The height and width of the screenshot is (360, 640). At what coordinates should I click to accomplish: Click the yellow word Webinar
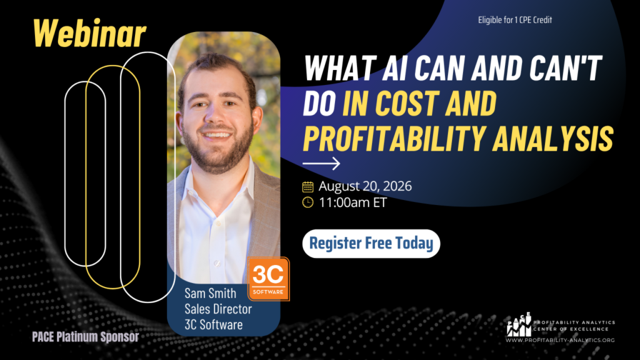(89, 34)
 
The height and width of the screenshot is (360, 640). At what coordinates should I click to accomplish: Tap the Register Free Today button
(371, 244)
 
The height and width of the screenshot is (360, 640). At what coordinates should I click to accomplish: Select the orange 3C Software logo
(268, 279)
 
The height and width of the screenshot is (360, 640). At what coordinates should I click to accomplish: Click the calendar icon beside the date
(307, 186)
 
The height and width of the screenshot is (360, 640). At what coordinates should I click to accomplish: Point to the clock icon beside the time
(307, 202)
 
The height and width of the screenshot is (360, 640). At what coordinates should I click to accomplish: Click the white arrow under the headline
(321, 164)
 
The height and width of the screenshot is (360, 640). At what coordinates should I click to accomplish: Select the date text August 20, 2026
(365, 186)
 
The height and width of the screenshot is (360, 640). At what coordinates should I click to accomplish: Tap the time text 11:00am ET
(352, 202)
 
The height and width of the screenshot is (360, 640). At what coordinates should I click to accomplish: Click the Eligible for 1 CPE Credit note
(515, 19)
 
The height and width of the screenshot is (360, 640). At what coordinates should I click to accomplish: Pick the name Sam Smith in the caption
(210, 293)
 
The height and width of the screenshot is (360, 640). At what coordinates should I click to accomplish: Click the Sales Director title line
(218, 309)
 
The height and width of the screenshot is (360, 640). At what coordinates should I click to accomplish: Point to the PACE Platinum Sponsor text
(86, 337)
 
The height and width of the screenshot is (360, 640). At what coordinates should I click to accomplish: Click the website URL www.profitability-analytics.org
(560, 340)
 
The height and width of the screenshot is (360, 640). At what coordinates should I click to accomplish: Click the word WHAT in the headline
(341, 67)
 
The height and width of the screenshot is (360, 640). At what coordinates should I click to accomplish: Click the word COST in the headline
(406, 103)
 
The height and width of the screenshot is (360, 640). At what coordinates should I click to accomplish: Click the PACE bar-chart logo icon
(519, 324)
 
